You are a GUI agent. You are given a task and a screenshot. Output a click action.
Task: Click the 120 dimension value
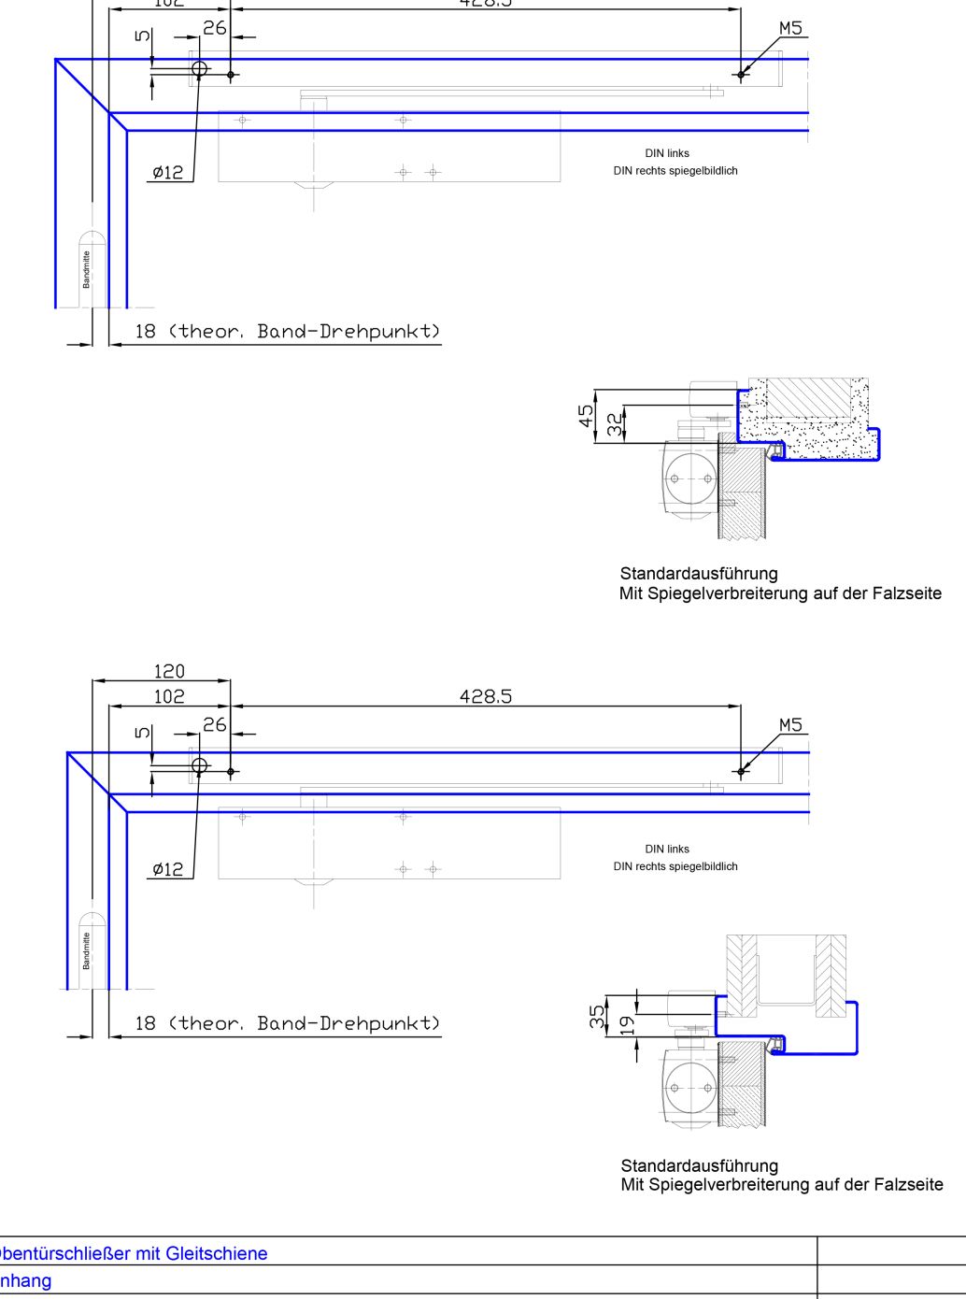tap(169, 671)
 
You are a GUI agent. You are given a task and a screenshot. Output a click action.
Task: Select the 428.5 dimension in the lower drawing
tap(486, 696)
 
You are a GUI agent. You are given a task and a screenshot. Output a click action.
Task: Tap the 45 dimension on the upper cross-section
tap(586, 415)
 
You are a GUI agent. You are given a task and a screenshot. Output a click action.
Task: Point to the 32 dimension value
tap(614, 424)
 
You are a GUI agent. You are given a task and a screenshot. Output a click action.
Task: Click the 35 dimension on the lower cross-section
tap(597, 1017)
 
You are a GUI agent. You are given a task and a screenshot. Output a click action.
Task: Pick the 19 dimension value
tap(627, 1024)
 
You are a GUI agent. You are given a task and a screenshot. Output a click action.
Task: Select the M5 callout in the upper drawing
tap(790, 28)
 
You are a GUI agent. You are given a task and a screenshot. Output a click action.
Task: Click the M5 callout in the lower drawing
tap(790, 725)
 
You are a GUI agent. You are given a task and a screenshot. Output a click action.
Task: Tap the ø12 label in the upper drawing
tap(168, 172)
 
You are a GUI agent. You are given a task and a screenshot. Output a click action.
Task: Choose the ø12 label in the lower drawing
tap(168, 869)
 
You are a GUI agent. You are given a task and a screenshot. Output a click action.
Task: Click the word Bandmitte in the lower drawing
tap(87, 950)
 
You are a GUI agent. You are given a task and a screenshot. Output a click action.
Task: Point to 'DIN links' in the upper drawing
tap(667, 153)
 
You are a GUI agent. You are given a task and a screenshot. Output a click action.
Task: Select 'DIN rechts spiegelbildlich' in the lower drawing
tap(675, 866)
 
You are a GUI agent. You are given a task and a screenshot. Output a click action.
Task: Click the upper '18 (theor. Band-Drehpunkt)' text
tap(287, 331)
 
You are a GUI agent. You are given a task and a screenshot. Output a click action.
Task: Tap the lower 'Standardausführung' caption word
tap(699, 1165)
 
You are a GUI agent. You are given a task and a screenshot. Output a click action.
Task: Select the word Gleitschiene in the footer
tap(218, 1253)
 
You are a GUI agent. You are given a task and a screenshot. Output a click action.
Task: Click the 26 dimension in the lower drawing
tap(215, 724)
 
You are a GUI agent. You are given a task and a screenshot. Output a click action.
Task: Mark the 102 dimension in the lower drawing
tap(169, 696)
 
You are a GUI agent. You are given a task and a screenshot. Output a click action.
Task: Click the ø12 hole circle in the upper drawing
tap(199, 68)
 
